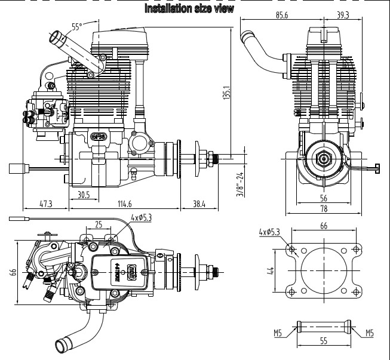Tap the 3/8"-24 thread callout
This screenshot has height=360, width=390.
[240, 185]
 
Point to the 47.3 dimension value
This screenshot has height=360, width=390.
[45, 204]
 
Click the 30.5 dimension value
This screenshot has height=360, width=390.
[84, 194]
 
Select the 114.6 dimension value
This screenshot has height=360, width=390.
[124, 204]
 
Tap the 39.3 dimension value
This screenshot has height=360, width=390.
[343, 15]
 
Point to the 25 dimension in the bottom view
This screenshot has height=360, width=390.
[98, 225]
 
